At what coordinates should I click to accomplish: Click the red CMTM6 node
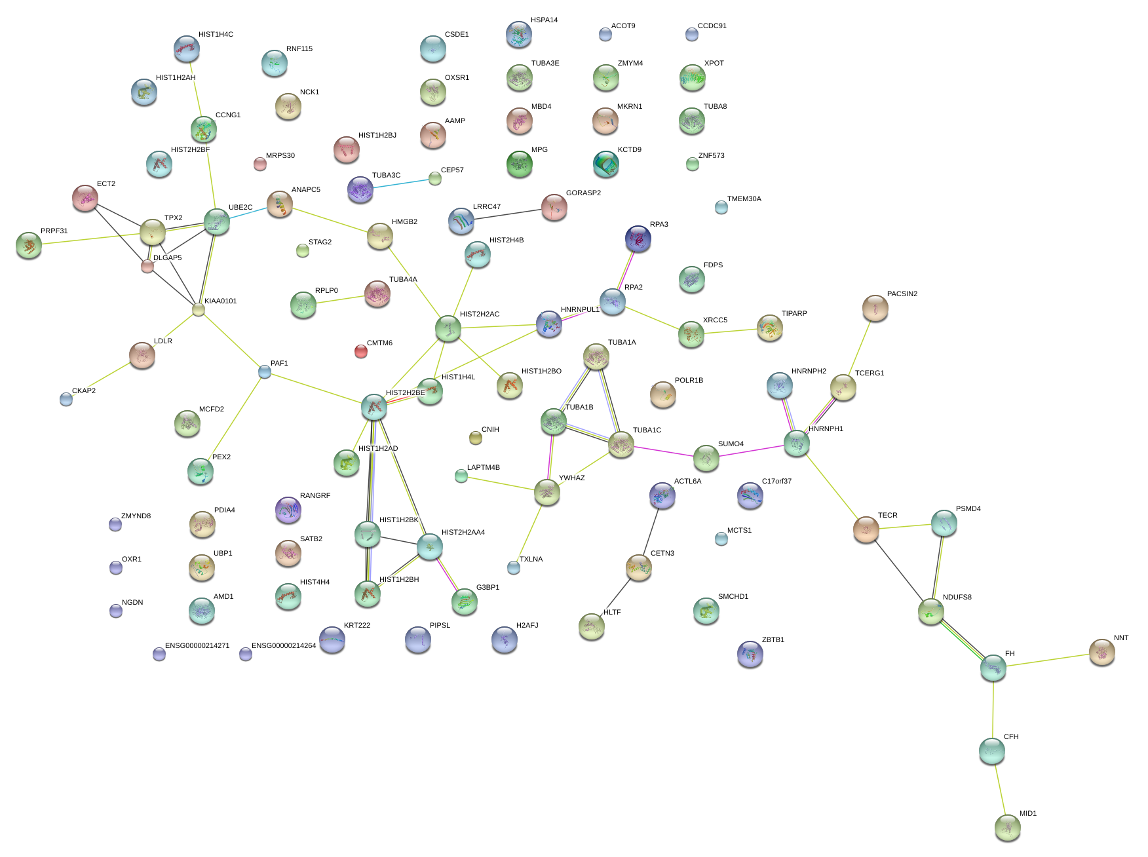[360, 351]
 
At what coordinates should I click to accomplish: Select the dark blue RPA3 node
[638, 238]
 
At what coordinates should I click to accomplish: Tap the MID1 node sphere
[1007, 828]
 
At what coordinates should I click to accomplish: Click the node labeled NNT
[1101, 652]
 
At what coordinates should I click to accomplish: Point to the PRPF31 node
[28, 245]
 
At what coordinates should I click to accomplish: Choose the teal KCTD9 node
[605, 164]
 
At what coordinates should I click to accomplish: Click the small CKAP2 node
[66, 398]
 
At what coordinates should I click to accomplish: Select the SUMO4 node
[706, 457]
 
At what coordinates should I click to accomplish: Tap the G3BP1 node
[464, 601]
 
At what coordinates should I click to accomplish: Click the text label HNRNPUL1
[580, 310]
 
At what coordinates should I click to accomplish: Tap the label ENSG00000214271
[197, 646]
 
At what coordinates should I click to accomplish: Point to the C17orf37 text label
[776, 482]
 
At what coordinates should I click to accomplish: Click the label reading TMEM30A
[744, 199]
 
